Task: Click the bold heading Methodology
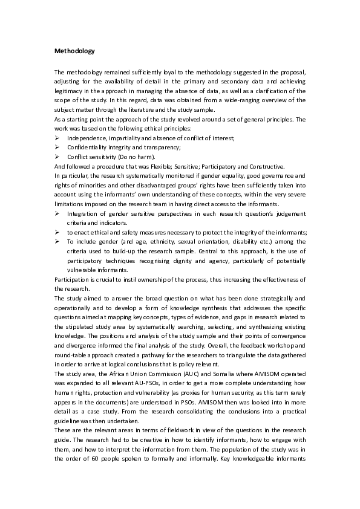click(x=74, y=51)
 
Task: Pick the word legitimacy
click(x=71, y=89)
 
